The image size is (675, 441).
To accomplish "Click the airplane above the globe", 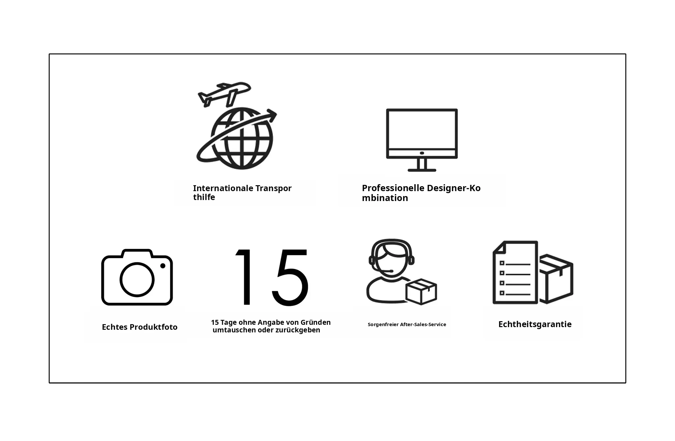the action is pyautogui.click(x=224, y=94).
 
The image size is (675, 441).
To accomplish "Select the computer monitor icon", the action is pyautogui.click(x=422, y=140).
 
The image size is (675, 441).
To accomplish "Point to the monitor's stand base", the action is pyautogui.click(x=422, y=170).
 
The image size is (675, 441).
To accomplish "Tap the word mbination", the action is pyautogui.click(x=385, y=198).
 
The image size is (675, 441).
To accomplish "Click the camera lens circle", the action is pyautogui.click(x=137, y=280).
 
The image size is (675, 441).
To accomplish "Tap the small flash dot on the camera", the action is pyautogui.click(x=163, y=266).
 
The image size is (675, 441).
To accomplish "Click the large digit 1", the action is pyautogui.click(x=244, y=277).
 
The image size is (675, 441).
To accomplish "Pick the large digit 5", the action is pyautogui.click(x=290, y=277).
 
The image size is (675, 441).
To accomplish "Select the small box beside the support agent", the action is pyautogui.click(x=421, y=292).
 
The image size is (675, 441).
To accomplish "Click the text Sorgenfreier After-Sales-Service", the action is pyautogui.click(x=407, y=324).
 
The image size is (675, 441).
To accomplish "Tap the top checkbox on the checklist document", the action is pyautogui.click(x=502, y=263).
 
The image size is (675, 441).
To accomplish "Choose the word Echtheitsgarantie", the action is pyautogui.click(x=535, y=324).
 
